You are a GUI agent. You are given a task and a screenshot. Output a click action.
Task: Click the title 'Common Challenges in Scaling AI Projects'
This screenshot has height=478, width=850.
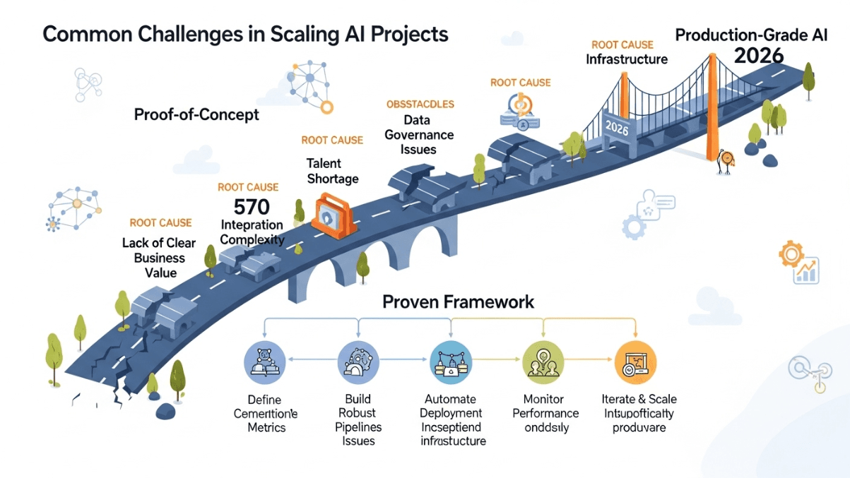click(245, 34)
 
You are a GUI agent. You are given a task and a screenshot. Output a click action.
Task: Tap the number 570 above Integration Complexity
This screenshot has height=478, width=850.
click(252, 208)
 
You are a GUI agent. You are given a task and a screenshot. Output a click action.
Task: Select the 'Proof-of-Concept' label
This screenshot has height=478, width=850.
click(196, 114)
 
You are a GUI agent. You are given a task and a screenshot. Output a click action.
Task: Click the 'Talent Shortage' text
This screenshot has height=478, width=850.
click(332, 171)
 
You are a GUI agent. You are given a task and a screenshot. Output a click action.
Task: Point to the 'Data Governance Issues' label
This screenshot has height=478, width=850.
click(418, 135)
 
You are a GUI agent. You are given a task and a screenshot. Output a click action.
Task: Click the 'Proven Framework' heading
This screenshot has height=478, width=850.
click(458, 302)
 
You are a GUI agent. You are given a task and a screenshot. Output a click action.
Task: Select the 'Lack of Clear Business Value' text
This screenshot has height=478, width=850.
click(160, 258)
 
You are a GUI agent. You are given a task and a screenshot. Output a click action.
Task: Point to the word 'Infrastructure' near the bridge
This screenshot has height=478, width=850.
click(627, 59)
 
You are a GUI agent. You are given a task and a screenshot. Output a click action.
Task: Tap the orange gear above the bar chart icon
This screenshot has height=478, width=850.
click(791, 253)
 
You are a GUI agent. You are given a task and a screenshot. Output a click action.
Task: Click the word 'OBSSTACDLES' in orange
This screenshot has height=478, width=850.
click(420, 104)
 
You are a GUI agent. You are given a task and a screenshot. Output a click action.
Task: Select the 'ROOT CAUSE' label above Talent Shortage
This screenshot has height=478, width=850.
click(332, 141)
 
